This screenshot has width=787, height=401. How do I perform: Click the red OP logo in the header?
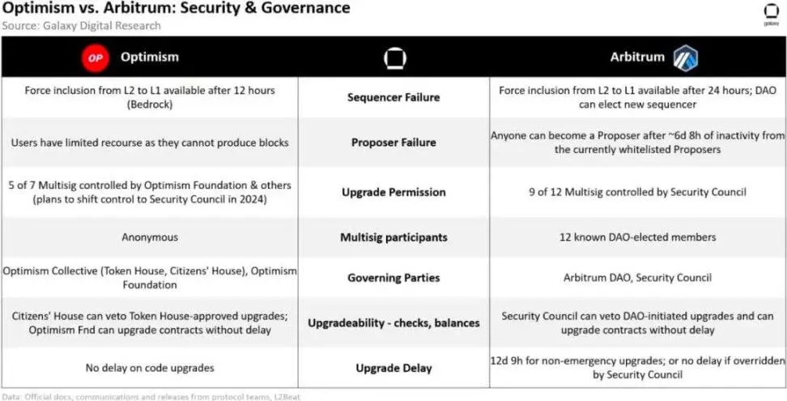pos(96,58)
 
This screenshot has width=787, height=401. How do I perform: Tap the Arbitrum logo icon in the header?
pos(685,58)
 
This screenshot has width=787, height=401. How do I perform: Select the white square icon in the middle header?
pos(393,58)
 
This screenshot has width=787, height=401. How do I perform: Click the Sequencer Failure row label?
pos(393,97)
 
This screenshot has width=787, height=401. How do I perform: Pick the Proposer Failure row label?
pos(393,143)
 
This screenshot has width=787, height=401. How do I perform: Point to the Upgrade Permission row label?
pos(393,192)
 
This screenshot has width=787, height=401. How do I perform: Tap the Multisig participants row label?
pos(393,237)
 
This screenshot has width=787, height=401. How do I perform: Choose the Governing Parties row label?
pos(393,278)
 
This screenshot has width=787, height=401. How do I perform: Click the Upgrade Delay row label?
pos(393,368)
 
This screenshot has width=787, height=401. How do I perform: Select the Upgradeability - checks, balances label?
pos(393,322)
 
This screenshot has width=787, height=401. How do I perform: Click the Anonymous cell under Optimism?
pos(150,237)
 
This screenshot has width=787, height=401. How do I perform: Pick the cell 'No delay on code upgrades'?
pos(150,368)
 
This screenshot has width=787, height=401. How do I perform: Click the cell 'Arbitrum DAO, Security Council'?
pos(638,278)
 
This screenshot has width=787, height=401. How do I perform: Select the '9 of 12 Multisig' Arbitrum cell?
pos(638,192)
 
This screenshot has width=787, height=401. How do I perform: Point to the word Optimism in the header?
pos(150,58)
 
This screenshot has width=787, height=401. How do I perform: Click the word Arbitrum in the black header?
pos(637,58)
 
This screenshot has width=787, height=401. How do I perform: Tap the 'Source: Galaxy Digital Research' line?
pos(81,26)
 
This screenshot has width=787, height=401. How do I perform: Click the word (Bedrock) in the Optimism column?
pos(150,105)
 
